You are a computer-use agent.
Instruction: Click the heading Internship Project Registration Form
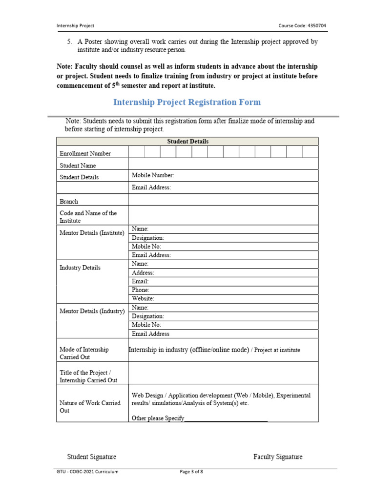coord(187,102)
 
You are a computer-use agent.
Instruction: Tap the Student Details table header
coord(187,141)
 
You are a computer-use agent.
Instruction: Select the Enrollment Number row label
coord(85,153)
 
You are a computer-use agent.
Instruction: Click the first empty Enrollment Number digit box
coord(136,152)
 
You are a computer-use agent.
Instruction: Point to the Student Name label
coord(78,166)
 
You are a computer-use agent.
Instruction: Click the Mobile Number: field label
coord(153,175)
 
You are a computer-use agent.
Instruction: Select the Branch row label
coord(69,201)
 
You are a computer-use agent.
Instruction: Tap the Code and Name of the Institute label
coord(88,217)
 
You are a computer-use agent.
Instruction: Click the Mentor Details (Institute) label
coord(92,233)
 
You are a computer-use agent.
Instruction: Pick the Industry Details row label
coord(80,268)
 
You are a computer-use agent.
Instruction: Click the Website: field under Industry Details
coord(143,298)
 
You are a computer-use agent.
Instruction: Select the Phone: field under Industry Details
coord(141,290)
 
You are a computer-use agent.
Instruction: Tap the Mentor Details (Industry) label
coord(92,311)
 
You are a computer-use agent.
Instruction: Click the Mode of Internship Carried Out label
coord(84,354)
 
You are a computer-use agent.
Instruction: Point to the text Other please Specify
coord(158,418)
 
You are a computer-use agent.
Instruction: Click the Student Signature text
coord(92,457)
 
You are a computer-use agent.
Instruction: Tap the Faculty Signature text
coord(278,457)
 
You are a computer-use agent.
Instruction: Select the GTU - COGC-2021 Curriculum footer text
coord(88,472)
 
